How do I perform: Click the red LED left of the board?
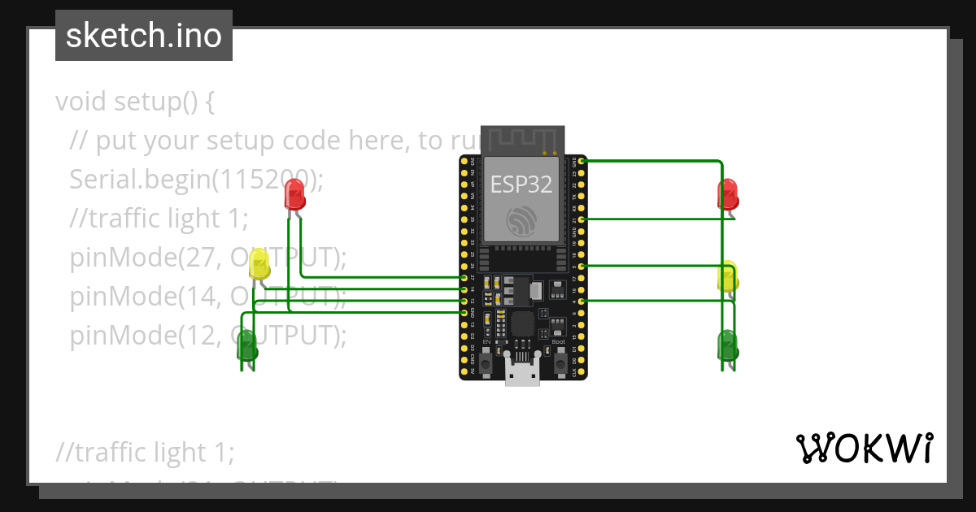294,195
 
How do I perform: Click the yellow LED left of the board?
259,264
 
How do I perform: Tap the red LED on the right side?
728,195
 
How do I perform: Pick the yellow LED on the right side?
728,277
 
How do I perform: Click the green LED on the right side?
727,345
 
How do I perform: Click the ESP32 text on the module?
521,184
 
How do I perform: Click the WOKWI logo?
863,449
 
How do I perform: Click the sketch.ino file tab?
144,36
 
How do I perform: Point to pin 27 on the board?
464,278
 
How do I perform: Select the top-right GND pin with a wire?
580,161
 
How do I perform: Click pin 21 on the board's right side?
580,219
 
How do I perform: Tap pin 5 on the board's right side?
580,266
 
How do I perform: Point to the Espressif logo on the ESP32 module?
521,219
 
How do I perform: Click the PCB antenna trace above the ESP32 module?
521,140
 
